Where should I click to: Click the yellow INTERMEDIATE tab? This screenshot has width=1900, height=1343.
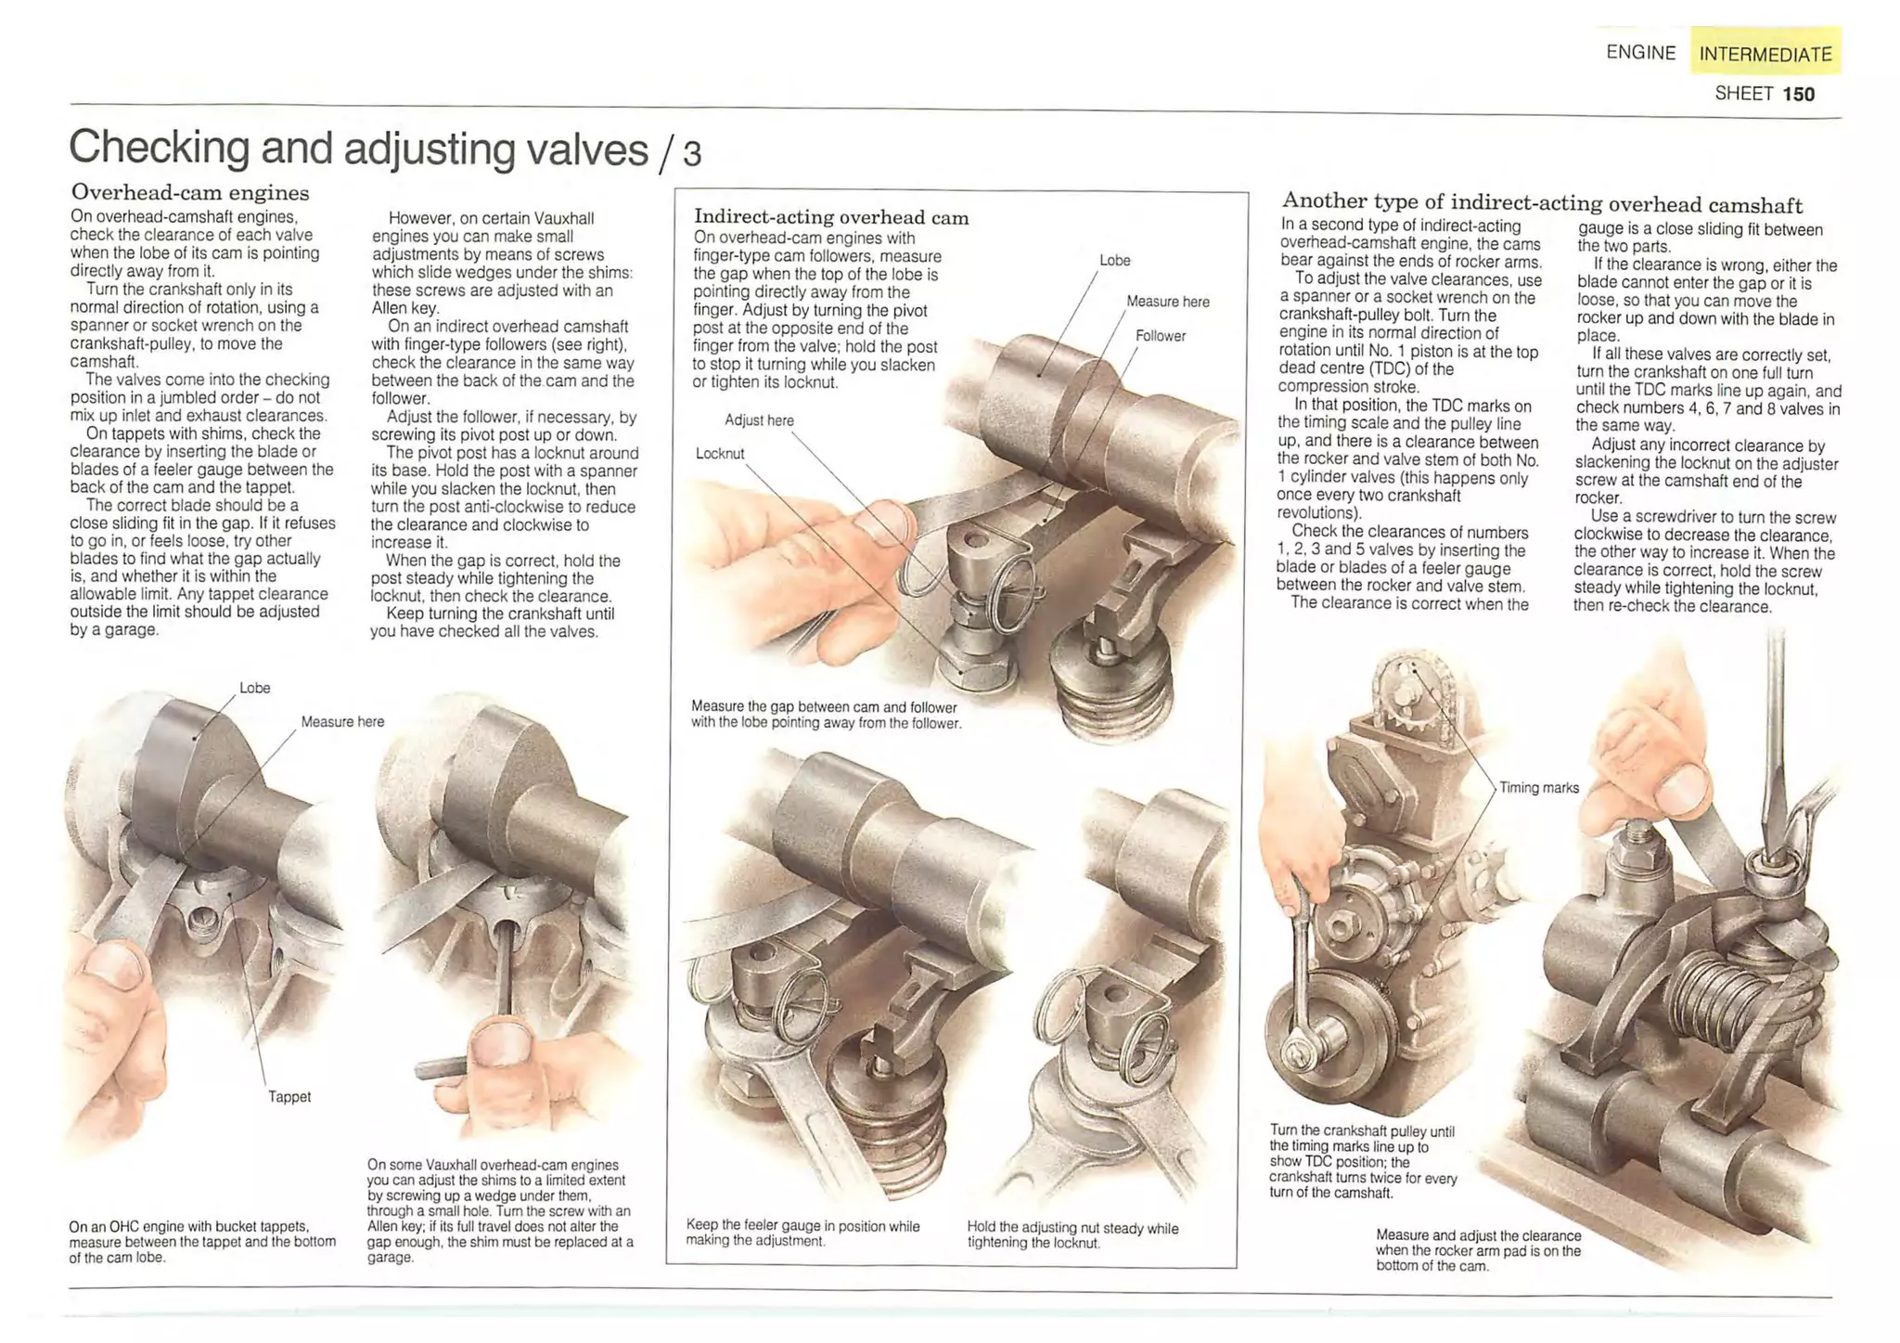click(x=1765, y=53)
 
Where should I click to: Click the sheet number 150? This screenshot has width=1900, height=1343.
click(x=1798, y=94)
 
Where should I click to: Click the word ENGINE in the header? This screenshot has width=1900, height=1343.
click(x=1640, y=53)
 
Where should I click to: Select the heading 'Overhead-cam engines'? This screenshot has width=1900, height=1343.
click(x=190, y=192)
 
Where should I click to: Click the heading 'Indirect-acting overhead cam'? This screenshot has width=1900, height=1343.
click(x=831, y=217)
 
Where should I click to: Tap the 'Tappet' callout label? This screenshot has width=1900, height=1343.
click(x=289, y=1096)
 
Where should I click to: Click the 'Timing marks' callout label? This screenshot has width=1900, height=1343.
click(x=1538, y=787)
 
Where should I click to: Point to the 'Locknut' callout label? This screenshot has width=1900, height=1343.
click(x=720, y=453)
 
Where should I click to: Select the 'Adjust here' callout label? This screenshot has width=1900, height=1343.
click(x=759, y=420)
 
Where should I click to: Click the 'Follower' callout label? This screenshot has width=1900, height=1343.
click(x=1160, y=336)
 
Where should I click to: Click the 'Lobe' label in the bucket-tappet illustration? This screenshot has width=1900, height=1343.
click(x=254, y=688)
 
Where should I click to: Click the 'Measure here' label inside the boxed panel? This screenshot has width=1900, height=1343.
click(x=1167, y=302)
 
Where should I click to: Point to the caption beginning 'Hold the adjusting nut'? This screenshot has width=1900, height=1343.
click(x=1072, y=1234)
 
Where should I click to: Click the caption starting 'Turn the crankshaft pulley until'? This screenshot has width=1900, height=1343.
click(x=1362, y=1161)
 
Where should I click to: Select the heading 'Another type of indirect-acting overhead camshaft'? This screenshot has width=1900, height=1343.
click(x=1542, y=203)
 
